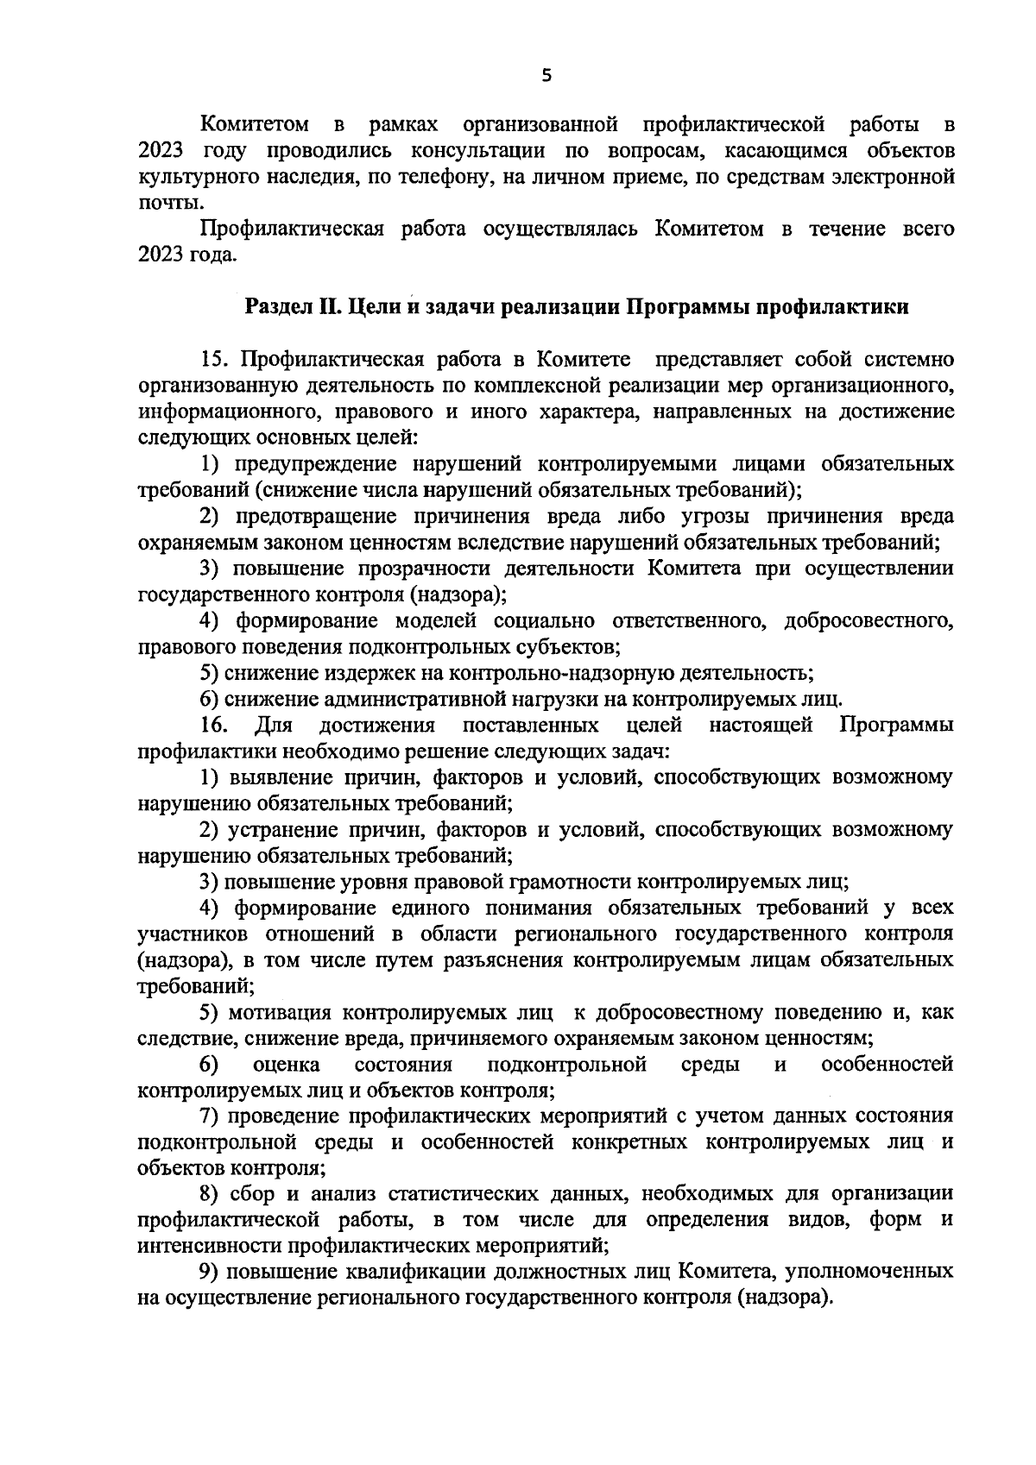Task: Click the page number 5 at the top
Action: pyautogui.click(x=545, y=75)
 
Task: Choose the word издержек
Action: pyautogui.click(x=345, y=673)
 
